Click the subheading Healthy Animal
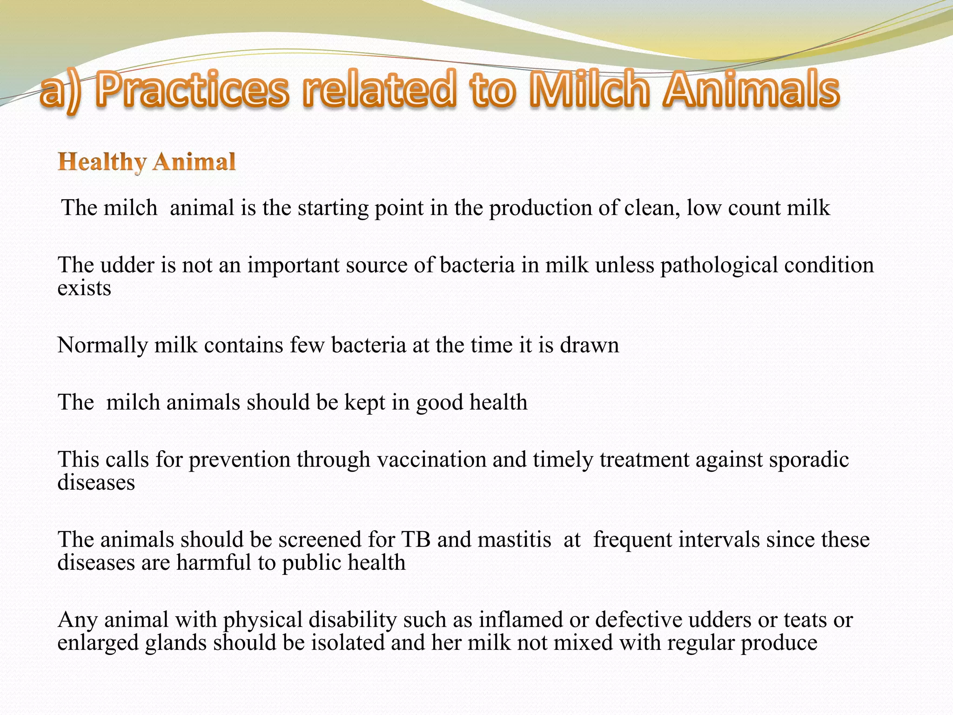tap(147, 162)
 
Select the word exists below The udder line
tap(84, 288)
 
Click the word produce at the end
tap(779, 643)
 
